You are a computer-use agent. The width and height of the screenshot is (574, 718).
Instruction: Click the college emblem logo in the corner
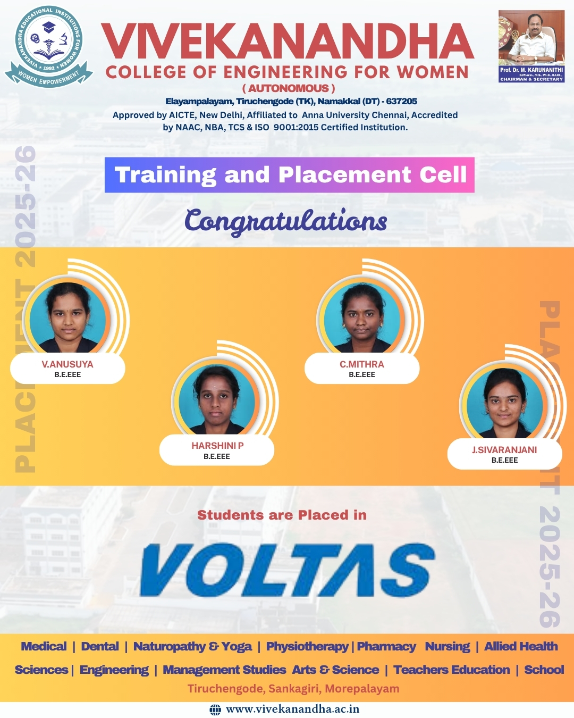[49, 47]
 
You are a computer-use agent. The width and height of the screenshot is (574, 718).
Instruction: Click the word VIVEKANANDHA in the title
[287, 41]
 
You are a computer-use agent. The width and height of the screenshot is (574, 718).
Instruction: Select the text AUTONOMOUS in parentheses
[289, 88]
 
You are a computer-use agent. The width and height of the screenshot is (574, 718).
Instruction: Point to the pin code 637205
[402, 101]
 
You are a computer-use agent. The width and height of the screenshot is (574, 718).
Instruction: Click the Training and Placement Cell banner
[290, 175]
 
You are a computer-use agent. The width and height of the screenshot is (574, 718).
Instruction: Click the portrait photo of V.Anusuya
[67, 318]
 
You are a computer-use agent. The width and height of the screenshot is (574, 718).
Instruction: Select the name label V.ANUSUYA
[67, 364]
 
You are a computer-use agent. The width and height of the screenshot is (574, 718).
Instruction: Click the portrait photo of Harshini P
[216, 399]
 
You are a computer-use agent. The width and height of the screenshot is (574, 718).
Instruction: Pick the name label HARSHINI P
[217, 446]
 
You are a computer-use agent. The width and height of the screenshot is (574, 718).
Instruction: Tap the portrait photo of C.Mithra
[362, 318]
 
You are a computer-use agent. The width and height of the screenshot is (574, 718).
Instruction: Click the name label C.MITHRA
[362, 364]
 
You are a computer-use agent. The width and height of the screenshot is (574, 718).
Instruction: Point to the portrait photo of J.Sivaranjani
[504, 403]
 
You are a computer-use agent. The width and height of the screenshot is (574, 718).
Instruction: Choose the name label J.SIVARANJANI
[504, 450]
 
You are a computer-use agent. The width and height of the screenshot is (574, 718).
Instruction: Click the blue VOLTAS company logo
[287, 570]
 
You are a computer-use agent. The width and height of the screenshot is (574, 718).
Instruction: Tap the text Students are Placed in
[282, 515]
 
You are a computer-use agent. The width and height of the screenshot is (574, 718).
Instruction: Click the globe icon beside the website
[215, 709]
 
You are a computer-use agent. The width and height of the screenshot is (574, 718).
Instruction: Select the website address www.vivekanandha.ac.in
[293, 709]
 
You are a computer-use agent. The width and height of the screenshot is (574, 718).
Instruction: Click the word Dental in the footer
[100, 646]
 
